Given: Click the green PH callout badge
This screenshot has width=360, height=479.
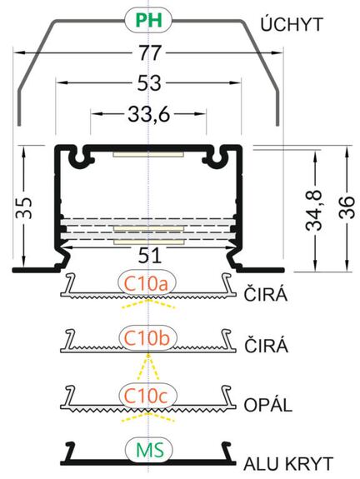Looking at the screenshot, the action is click(148, 20).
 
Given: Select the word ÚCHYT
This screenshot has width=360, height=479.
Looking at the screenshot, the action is click(292, 24).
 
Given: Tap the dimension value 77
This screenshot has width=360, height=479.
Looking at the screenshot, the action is click(150, 52).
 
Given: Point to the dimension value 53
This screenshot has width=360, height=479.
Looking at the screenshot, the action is click(149, 82).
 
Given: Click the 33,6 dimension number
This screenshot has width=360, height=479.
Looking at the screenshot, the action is click(148, 114).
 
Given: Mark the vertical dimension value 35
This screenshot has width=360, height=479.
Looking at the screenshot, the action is click(24, 207).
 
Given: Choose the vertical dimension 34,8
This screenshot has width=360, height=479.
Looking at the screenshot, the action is click(314, 210).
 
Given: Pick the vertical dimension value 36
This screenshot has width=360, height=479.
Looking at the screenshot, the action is click(347, 207).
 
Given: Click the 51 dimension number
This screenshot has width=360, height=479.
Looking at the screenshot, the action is click(149, 256).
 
